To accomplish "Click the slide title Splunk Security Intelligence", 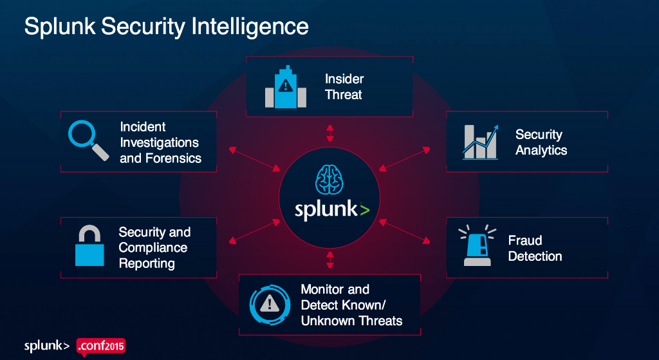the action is [166, 26].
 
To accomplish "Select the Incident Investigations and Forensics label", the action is [160, 142].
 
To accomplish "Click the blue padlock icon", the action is [89, 247].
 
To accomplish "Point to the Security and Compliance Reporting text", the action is [154, 248].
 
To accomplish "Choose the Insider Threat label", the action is [344, 87].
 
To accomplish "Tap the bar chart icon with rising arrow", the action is [479, 141].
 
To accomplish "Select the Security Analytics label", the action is [541, 142].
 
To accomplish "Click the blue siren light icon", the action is [478, 245].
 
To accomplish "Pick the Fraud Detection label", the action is [535, 248].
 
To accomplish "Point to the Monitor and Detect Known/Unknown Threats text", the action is [351, 305].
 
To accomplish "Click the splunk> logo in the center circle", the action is [332, 211].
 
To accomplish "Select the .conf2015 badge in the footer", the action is [101, 346].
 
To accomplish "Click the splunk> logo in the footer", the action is [47, 346].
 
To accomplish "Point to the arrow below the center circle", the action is [330, 260].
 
